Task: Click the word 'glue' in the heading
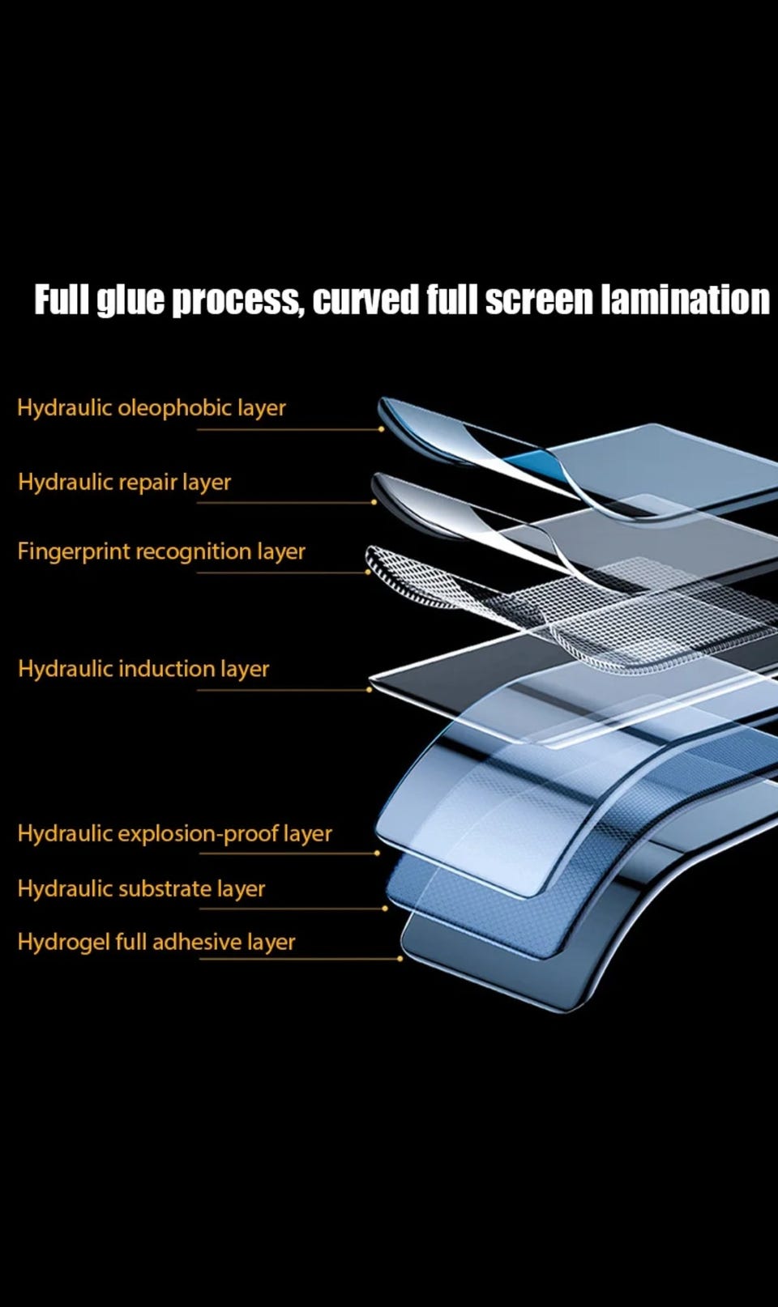[130, 300]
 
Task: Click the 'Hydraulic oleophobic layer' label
[152, 407]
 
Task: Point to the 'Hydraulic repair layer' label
[124, 482]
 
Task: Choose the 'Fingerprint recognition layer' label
[161, 551]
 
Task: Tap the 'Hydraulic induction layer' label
[143, 669]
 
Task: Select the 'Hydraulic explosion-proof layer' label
[174, 833]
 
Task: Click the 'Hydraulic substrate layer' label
[141, 888]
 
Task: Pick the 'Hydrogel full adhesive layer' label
[156, 942]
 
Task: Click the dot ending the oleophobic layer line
[382, 429]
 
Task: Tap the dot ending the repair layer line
[374, 502]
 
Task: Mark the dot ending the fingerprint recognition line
[368, 573]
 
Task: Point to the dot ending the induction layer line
[370, 690]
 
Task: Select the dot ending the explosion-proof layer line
[377, 853]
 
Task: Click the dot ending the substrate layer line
[384, 909]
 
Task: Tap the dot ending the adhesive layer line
[400, 959]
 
